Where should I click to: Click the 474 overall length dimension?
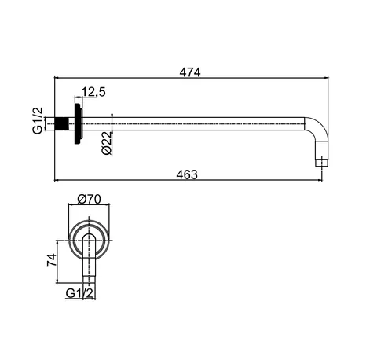point(190,72)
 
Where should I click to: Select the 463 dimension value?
point(187,174)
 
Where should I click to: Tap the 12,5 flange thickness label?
point(93,92)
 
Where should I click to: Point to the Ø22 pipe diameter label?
point(107,143)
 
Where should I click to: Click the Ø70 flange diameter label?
point(89,199)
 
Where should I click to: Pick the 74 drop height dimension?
point(52,260)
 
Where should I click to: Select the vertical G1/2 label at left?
point(38,120)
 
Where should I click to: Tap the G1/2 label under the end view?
point(79,293)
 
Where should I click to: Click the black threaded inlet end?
point(62,123)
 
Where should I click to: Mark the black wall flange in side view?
point(79,123)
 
